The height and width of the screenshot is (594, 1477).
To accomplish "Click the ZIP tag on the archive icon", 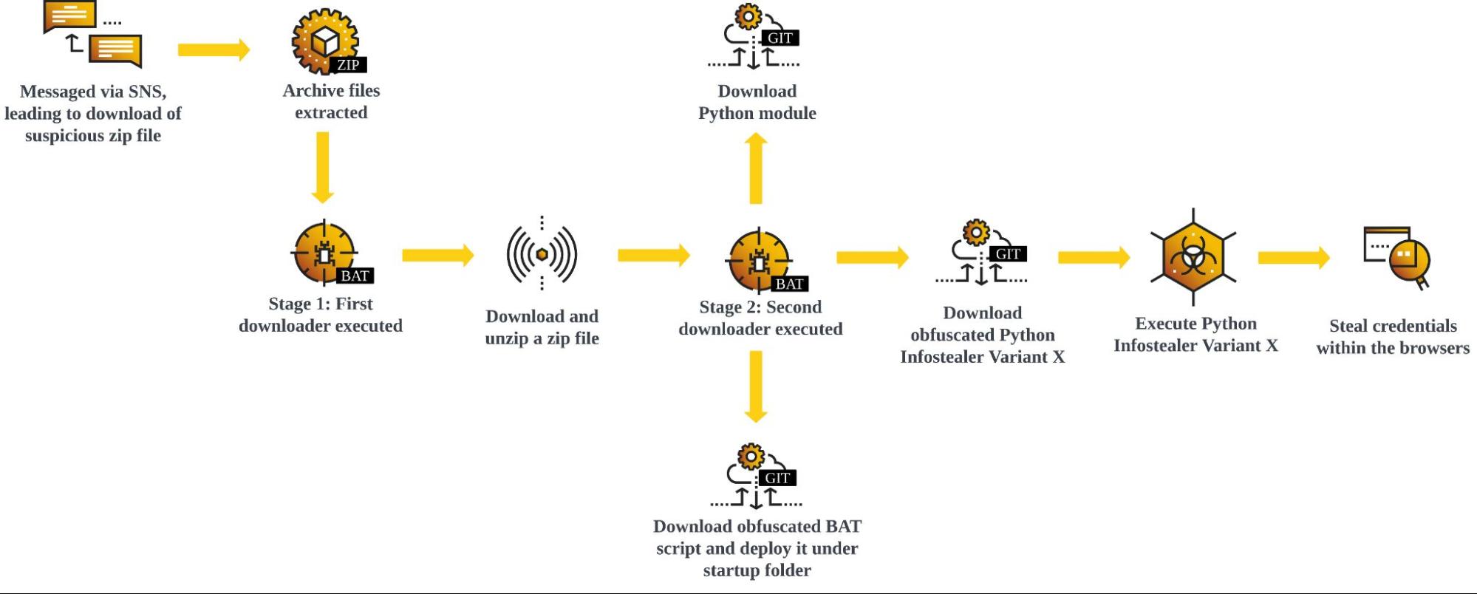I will click(348, 65).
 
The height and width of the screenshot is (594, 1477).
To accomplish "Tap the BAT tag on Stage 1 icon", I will click(355, 276).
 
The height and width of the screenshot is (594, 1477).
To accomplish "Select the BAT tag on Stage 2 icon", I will click(789, 284).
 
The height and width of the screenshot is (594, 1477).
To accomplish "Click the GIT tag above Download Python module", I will click(780, 38).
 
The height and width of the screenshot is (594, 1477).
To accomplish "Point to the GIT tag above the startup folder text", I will click(777, 478).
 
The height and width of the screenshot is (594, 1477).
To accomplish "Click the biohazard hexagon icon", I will click(1193, 256).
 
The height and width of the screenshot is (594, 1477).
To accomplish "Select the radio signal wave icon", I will click(542, 254).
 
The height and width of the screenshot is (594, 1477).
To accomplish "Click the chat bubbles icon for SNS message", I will click(93, 33).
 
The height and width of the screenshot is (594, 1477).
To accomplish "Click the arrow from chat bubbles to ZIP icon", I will click(214, 49).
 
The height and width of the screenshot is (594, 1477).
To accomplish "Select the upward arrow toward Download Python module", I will click(755, 168).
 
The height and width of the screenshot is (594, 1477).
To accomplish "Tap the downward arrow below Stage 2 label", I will click(755, 386).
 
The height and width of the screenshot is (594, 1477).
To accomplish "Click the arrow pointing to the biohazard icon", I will click(1094, 257).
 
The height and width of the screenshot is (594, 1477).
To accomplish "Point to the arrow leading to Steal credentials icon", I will click(1293, 257).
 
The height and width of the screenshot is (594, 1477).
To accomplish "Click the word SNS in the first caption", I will click(146, 92).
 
